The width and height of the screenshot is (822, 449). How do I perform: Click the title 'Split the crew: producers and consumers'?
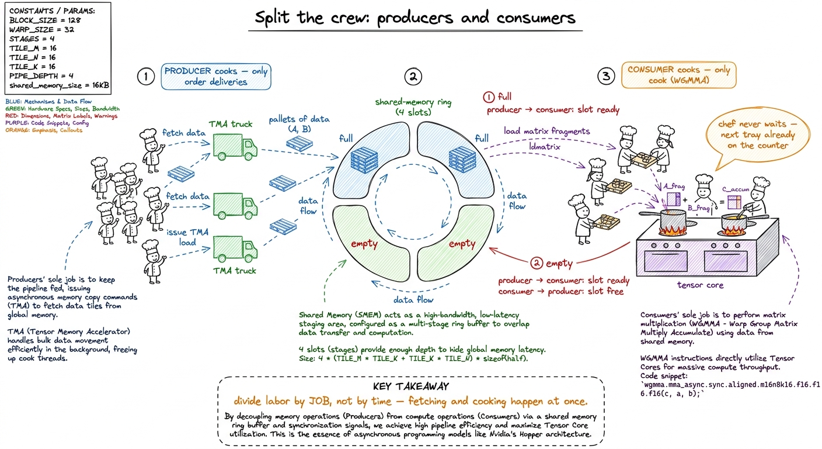coord(415,18)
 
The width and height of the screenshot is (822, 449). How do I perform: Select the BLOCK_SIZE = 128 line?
coord(45,20)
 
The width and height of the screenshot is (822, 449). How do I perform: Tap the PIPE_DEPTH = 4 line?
coord(41,75)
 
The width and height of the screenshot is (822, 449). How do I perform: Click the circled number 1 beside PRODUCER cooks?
coord(146,77)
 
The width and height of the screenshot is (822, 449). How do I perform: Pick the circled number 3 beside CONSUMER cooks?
coord(606,76)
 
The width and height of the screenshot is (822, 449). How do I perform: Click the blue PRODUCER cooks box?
coord(216,77)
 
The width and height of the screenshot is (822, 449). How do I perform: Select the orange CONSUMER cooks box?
coord(678,75)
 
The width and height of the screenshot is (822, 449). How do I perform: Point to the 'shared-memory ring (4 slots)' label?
coord(413,107)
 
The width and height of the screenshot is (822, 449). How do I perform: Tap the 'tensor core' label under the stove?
coord(700,285)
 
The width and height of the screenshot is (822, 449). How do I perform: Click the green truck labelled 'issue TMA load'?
coord(235,248)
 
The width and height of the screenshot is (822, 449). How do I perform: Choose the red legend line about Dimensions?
coord(61,116)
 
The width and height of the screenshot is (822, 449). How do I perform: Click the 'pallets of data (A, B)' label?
coord(299,124)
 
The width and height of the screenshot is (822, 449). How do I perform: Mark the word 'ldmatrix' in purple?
coord(545,146)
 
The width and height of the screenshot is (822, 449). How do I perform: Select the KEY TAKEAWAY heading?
coord(411,386)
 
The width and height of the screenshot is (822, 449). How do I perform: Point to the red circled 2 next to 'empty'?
coord(537,263)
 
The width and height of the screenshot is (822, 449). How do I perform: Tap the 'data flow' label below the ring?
coord(413,300)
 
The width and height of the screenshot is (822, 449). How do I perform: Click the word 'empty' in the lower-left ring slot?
coord(364,244)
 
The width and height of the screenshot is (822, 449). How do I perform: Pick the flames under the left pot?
coord(673,230)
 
